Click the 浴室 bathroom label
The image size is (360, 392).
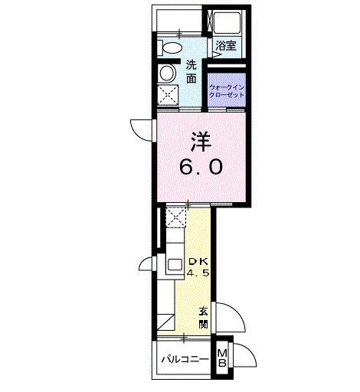coord(225,45)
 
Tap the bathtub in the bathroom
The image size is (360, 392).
coord(226,22)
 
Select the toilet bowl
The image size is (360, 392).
coord(169,47)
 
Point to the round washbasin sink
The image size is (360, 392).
coord(168,73)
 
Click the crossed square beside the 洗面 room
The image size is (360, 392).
coord(168,95)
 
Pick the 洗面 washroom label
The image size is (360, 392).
coord(191,71)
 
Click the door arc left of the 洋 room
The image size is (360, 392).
coord(143,129)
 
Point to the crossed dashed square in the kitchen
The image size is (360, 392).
coord(176,217)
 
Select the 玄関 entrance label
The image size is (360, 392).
coord(204,317)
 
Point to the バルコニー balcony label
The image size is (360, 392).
coord(185,359)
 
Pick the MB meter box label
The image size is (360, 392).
coord(222,358)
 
